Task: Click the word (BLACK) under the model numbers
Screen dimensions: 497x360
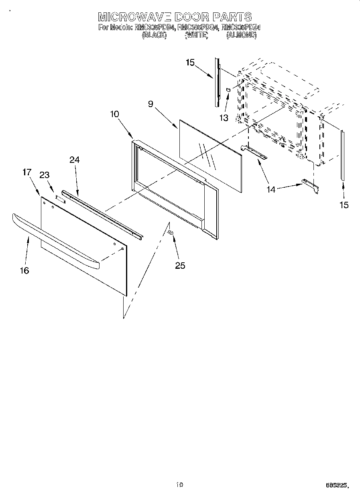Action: tap(154, 35)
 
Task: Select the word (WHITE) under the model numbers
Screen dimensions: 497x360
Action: tap(196, 35)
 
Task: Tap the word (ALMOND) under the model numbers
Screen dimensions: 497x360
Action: tap(241, 35)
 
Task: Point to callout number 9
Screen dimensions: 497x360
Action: tap(151, 104)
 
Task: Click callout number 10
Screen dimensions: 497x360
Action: tap(114, 114)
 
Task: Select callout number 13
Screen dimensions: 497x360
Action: tap(224, 118)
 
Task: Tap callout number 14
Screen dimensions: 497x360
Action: tap(272, 189)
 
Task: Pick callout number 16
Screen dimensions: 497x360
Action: tap(24, 271)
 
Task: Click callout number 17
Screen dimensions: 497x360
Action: tap(26, 172)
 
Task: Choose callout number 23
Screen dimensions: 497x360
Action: tap(44, 175)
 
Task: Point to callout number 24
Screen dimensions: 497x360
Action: tap(74, 160)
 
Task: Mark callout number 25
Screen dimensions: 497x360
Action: tap(180, 265)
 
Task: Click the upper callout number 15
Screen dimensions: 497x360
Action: tap(190, 62)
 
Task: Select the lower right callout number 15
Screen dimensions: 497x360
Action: tap(344, 205)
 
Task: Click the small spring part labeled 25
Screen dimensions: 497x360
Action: tap(171, 232)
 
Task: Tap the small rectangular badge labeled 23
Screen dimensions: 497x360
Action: tap(60, 198)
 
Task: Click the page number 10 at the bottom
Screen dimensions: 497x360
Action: tap(179, 485)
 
